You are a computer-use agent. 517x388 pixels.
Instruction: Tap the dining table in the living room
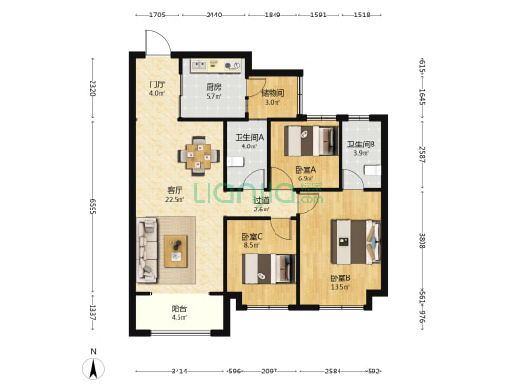pyautogui.click(x=199, y=155)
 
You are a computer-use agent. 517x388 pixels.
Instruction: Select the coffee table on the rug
pyautogui.click(x=176, y=251)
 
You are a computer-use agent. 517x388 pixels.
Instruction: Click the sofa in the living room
pyautogui.click(x=146, y=250)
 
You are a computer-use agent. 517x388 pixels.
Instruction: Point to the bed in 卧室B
pyautogui.click(x=356, y=242)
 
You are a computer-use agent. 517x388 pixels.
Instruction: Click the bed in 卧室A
pyautogui.click(x=311, y=141)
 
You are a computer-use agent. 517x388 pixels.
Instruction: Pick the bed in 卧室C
pyautogui.click(x=269, y=269)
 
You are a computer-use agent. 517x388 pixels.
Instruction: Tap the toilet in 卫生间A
pyautogui.click(x=236, y=162)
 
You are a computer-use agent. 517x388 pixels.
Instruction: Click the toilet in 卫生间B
pyautogui.click(x=372, y=170)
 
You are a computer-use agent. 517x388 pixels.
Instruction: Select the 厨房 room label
pyautogui.click(x=213, y=87)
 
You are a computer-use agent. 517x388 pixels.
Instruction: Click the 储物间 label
pyautogui.click(x=273, y=93)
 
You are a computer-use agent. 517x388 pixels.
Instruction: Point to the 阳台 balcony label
pyautogui.click(x=179, y=308)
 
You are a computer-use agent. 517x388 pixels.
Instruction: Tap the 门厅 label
pyautogui.click(x=157, y=84)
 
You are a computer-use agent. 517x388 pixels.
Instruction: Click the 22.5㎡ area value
pyautogui.click(x=175, y=199)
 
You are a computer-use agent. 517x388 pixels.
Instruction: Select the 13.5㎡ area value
pyautogui.click(x=340, y=287)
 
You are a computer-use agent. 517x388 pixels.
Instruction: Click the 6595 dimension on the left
pyautogui.click(x=93, y=207)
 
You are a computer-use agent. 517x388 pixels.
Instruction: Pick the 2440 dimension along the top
pyautogui.click(x=213, y=15)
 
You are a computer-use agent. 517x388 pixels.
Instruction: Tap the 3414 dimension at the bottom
pyautogui.click(x=179, y=372)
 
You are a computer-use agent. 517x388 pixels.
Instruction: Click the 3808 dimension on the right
pyautogui.click(x=422, y=241)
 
